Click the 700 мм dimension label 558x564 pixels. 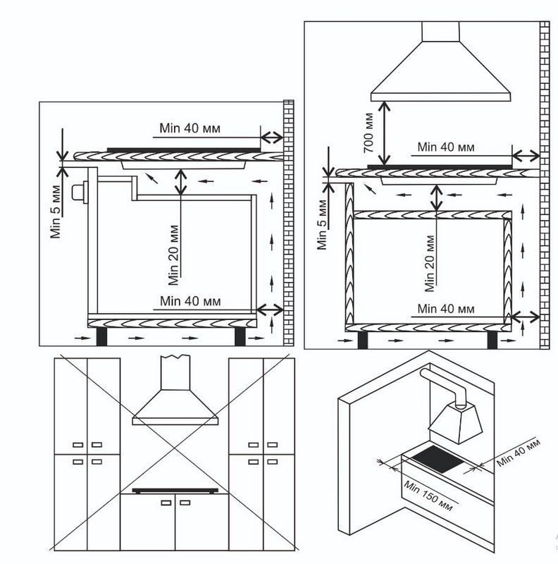tap(368, 133)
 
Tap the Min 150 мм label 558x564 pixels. tap(428, 496)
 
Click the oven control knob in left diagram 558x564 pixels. tap(80, 192)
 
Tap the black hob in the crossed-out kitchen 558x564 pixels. tap(175, 490)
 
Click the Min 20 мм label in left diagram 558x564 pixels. tap(173, 255)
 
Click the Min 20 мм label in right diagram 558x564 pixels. tap(429, 263)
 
